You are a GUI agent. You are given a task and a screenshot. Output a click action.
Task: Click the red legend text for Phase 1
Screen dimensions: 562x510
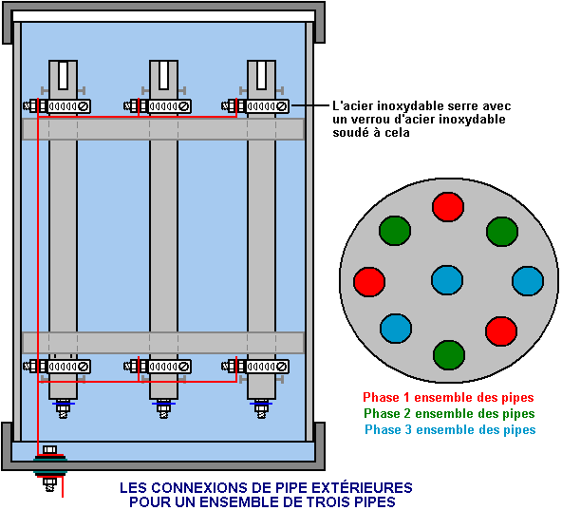click(x=448, y=397)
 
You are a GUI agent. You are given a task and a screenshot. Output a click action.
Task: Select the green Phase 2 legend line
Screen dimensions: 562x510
click(x=449, y=413)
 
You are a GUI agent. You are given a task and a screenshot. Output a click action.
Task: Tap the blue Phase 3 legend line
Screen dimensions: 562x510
click(x=450, y=429)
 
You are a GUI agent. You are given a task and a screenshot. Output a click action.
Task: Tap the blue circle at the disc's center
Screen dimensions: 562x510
click(x=447, y=280)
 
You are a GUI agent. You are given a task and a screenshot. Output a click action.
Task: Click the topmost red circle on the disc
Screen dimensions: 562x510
click(x=448, y=207)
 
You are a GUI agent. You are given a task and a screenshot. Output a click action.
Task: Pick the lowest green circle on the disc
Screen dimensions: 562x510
click(x=449, y=355)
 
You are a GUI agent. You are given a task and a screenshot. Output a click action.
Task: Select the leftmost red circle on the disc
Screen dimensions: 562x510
click(x=369, y=281)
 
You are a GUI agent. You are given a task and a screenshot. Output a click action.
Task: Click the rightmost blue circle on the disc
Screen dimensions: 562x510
click(x=528, y=281)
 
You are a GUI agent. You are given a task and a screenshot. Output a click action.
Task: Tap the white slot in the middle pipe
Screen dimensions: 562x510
click(x=164, y=75)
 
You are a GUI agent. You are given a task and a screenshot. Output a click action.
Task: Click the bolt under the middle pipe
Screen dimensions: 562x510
click(x=163, y=408)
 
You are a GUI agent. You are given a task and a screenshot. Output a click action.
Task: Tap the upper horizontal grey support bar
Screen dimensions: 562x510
click(x=163, y=129)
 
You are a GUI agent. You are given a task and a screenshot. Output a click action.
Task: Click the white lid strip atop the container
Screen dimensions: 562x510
click(x=164, y=16)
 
